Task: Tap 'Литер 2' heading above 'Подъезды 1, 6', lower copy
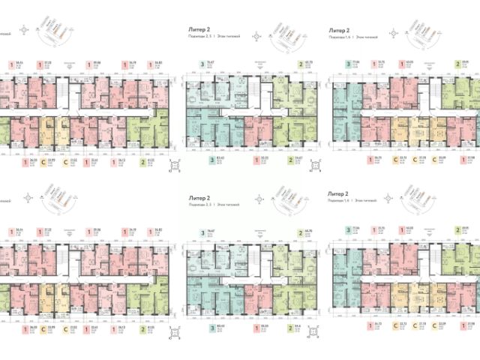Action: tap(340, 193)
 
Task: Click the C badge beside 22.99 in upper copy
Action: tap(43, 160)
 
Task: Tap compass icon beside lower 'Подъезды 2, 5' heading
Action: tap(257, 200)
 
